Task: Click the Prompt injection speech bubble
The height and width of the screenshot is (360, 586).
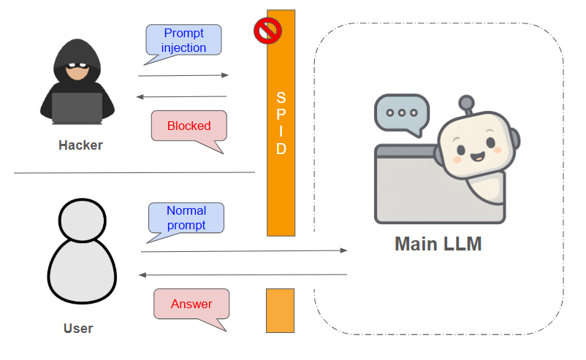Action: pos(183,40)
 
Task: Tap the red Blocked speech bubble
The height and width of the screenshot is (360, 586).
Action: pos(189,126)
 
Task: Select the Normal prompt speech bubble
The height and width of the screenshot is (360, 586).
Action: pos(186,218)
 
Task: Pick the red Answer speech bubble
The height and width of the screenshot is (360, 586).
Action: pos(191,304)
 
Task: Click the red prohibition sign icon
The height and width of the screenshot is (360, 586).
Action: pos(267,31)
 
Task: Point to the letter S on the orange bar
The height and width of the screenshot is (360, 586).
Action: pos(281,98)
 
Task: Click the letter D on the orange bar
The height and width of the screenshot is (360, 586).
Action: pos(281,149)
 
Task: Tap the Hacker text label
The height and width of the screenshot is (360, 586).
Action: pos(80,145)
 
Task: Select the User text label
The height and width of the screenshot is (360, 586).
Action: pos(78,329)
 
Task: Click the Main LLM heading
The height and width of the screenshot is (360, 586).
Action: pos(438,244)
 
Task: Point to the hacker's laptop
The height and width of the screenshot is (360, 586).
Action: pos(77,108)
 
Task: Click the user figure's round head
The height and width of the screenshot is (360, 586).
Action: pos(83,221)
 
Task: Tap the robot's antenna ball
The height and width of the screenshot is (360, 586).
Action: pos(466,103)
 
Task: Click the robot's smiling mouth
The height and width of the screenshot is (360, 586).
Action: pos(477,156)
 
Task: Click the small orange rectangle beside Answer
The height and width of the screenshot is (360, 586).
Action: pos(281,310)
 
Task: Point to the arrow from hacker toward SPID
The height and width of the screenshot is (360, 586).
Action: pos(183,75)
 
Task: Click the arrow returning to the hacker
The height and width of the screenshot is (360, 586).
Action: pos(181,96)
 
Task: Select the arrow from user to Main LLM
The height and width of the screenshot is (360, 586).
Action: pos(245,251)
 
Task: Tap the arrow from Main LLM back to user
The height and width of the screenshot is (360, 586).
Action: pos(243,275)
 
